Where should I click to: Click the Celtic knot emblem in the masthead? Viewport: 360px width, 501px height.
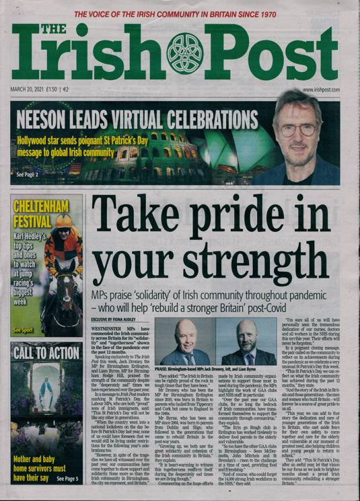pyautogui.click(x=184, y=53)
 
